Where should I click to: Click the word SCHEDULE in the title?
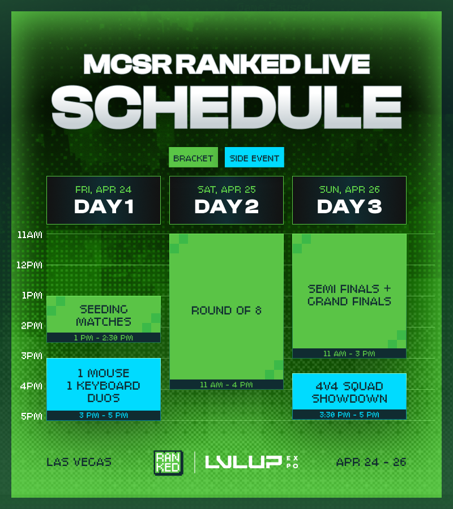226,107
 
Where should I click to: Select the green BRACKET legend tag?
193,158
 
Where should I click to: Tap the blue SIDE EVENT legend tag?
254,158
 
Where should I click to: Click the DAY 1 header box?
104,200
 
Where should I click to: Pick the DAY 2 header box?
226,200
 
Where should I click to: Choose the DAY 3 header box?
349,200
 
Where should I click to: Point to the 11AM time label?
30,234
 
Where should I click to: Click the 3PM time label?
31,356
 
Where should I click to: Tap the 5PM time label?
31,416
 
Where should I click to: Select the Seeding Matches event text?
104,316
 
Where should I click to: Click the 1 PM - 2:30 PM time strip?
104,338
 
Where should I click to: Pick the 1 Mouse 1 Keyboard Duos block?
104,385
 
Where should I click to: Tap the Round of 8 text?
226,310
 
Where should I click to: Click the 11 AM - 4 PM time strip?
226,385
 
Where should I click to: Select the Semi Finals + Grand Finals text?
349,295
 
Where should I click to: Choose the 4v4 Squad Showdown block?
349,392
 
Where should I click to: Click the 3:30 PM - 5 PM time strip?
349,415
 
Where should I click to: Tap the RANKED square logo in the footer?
168,462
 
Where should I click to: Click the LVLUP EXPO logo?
251,462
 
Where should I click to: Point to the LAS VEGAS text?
79,462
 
